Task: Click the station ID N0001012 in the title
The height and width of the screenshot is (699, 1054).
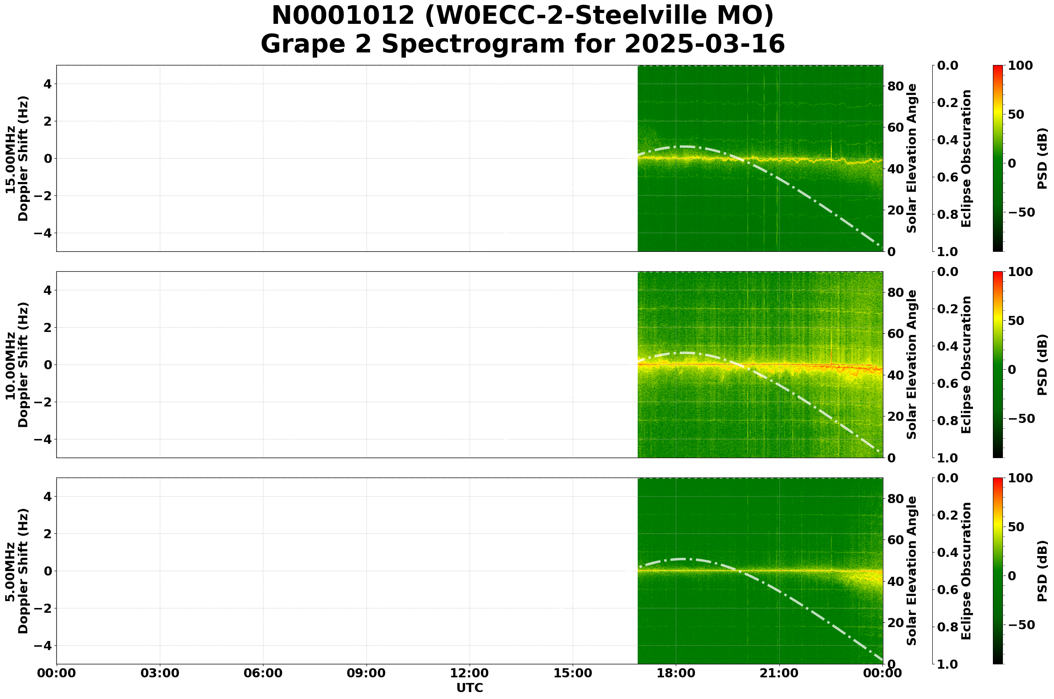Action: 343,16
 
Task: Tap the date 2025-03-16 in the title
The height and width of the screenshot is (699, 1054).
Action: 704,45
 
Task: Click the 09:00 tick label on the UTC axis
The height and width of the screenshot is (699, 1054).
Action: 366,673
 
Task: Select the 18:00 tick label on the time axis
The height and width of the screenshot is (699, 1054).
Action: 676,673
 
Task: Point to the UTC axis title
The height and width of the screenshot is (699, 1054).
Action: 470,688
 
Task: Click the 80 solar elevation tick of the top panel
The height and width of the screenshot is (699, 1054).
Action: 895,86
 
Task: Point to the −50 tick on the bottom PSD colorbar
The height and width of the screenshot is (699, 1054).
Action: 1020,625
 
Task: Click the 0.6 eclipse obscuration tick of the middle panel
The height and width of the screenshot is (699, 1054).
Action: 948,384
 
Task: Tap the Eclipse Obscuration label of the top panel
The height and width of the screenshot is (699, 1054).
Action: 966,159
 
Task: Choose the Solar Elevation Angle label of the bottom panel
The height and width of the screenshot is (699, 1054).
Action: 912,571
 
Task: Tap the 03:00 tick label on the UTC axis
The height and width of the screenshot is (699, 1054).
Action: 160,673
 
